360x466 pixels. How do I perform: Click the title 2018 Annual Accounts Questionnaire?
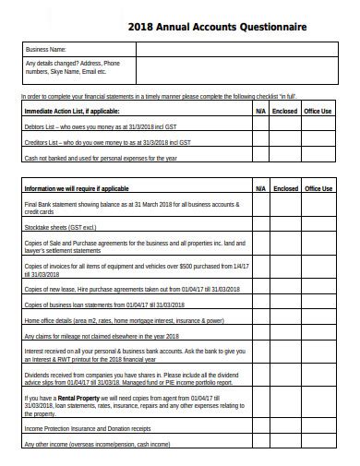(x=180, y=29)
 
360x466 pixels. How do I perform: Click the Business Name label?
(x=46, y=49)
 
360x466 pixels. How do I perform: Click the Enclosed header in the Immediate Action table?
(x=285, y=111)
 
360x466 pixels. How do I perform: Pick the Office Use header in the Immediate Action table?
(x=318, y=111)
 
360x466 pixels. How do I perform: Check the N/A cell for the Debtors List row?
(x=260, y=126)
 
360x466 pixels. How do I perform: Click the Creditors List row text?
(x=107, y=142)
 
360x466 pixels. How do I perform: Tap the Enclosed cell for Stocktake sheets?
(x=285, y=227)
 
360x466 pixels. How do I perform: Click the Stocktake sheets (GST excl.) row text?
(x=60, y=227)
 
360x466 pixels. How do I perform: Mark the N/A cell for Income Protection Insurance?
(x=260, y=429)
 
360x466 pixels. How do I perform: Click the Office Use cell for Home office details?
(x=318, y=321)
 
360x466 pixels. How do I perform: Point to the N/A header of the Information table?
(x=260, y=188)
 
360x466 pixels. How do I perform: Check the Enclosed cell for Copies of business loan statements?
(x=285, y=305)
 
